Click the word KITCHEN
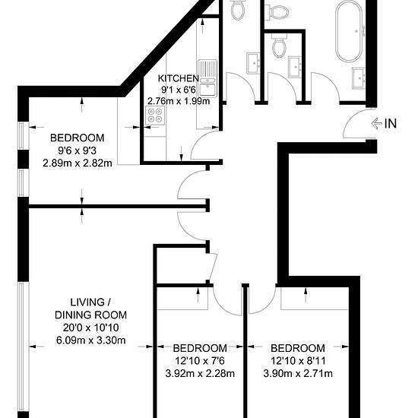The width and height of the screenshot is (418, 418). click(x=179, y=78)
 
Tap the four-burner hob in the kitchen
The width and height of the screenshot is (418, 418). click(x=155, y=115)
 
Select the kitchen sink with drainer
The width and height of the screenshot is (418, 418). click(x=207, y=78)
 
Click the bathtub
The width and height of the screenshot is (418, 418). click(x=349, y=31)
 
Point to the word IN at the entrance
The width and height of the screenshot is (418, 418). click(x=391, y=123)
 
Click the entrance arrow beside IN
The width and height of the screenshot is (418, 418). click(x=377, y=123)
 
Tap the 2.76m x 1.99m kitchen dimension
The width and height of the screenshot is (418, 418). click(x=179, y=101)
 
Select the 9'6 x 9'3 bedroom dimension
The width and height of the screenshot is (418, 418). click(x=77, y=150)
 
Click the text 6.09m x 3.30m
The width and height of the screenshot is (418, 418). click(x=90, y=340)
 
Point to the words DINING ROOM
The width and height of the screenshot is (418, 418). click(x=90, y=315)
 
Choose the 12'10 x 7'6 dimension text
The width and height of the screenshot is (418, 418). click(x=200, y=361)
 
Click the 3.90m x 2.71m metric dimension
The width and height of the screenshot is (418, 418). click(x=298, y=373)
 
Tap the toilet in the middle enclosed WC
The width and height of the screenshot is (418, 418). click(x=279, y=46)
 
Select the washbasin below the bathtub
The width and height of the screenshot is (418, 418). click(x=359, y=78)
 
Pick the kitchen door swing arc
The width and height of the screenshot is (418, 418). click(x=198, y=141)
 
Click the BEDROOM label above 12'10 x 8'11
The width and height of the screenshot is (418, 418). click(x=298, y=348)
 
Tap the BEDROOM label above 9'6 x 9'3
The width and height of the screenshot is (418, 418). click(x=77, y=138)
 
